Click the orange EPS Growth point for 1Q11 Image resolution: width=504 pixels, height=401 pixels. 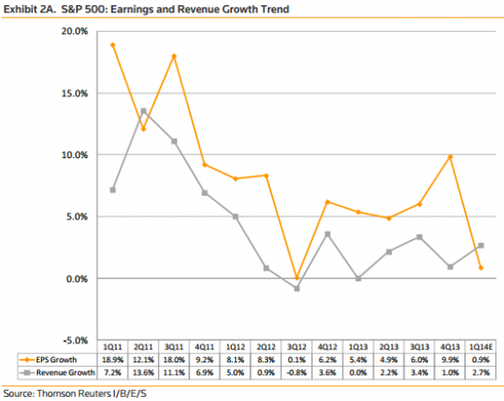[113, 45]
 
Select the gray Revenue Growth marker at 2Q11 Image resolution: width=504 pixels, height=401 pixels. [144, 110]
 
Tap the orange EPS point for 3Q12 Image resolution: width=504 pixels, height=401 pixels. [297, 277]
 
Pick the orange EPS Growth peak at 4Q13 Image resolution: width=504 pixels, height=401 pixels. [450, 156]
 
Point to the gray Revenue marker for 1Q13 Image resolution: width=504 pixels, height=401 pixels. [358, 278]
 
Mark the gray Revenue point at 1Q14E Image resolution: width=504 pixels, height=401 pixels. [480, 245]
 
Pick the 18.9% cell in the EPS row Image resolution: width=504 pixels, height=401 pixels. [113, 359]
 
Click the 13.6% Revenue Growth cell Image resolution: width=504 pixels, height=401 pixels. [143, 372]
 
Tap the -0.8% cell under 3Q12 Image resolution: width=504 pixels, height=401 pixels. [296, 372]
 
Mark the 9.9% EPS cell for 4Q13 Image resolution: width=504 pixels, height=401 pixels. [449, 359]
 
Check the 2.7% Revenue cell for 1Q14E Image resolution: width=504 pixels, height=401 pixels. [480, 372]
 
